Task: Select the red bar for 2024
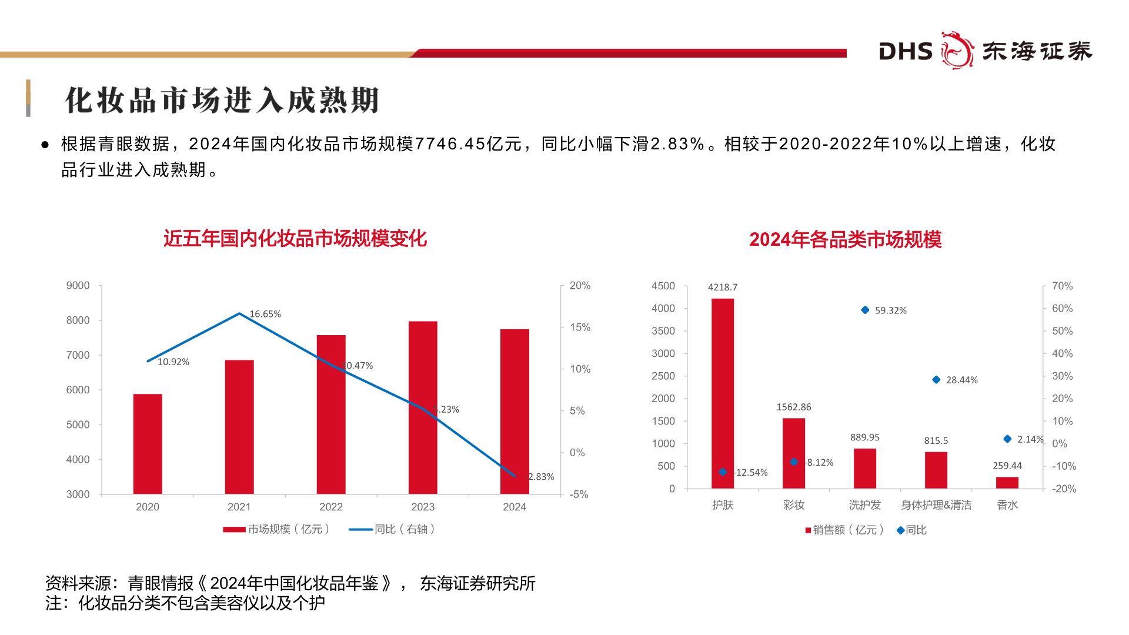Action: point(515,411)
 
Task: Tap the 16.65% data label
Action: point(265,314)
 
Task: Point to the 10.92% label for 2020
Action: point(173,362)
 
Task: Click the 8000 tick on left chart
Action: point(78,320)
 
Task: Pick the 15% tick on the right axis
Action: point(580,327)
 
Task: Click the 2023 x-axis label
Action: point(423,507)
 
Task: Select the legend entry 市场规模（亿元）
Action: point(276,529)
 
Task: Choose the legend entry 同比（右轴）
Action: point(392,529)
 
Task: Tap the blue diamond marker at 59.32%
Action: point(865,310)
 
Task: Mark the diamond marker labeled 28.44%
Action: point(936,380)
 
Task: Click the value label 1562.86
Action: point(794,407)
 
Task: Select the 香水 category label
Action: point(1007,505)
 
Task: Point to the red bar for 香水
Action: point(1007,482)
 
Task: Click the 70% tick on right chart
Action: point(1062,286)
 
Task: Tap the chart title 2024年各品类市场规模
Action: point(845,239)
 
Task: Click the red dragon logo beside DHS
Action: point(957,51)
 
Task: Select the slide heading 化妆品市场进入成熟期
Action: point(222,100)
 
